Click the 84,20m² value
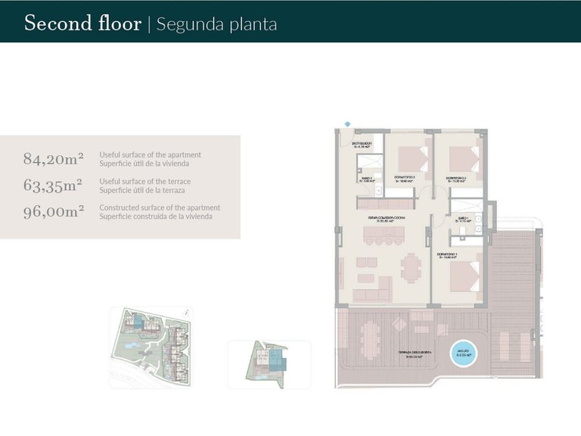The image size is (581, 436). tap(53, 159)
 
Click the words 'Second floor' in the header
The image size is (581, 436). tap(82, 23)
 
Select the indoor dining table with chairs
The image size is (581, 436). tap(411, 266)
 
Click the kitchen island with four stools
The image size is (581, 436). tap(385, 238)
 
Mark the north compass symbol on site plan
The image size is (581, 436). tap(187, 310)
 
